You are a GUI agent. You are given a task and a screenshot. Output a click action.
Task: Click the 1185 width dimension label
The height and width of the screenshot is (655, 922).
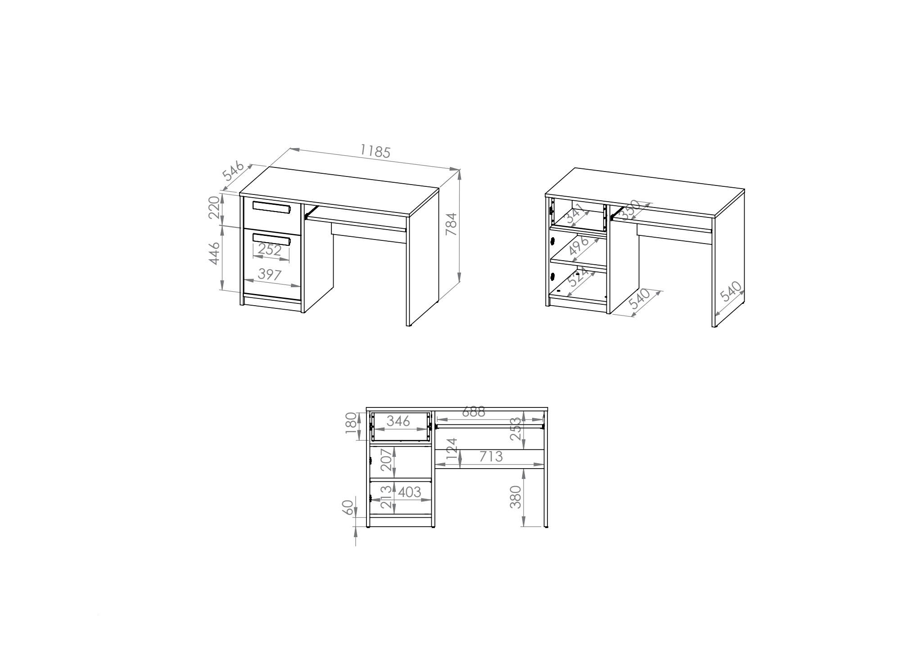[375, 151]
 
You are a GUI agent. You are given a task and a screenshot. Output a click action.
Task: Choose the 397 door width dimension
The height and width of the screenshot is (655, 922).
[270, 274]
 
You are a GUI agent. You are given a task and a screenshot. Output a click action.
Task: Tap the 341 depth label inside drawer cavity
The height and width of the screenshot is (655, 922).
[577, 214]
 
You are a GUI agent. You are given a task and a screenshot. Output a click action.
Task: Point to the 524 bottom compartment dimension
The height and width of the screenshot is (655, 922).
[578, 277]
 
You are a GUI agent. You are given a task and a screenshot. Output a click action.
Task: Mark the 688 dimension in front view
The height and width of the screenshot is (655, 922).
[473, 411]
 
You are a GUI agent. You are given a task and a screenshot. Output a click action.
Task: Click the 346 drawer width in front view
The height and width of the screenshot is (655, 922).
[398, 421]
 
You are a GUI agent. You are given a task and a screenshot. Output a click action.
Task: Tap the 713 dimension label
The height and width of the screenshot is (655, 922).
[490, 456]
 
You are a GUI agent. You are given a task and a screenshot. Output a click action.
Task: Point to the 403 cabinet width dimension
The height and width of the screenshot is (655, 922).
[409, 492]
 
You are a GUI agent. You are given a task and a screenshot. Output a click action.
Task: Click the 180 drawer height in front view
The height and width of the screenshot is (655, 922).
[351, 424]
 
